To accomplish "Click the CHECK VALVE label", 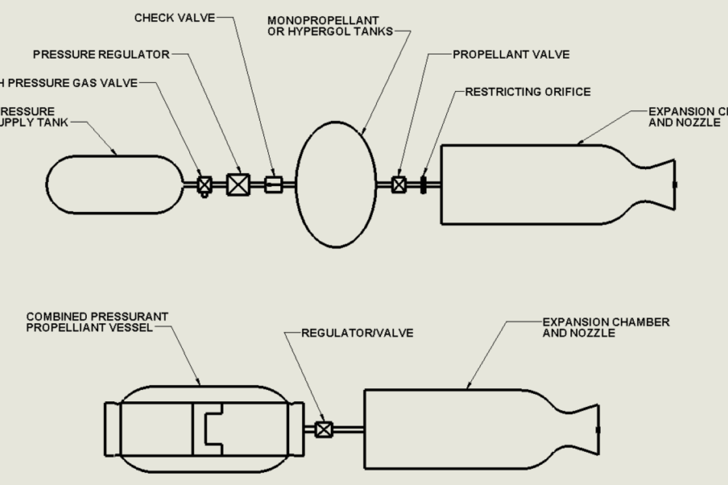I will [x=174, y=18].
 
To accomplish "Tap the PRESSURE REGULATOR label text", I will [x=101, y=55].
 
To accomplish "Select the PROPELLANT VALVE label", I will [x=511, y=55].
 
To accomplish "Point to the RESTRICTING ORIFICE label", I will [x=528, y=92].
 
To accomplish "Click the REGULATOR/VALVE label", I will [x=357, y=333].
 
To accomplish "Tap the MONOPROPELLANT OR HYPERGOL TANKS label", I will [x=330, y=26].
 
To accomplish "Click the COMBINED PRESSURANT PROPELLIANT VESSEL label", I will [x=97, y=322].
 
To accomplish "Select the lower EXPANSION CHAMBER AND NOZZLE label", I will [x=606, y=327].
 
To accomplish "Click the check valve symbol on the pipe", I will [x=274, y=185].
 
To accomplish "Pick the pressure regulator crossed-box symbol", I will [x=238, y=185].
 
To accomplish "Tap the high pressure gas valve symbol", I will [x=205, y=185].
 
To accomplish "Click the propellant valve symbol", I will [x=399, y=185].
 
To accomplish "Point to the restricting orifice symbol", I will [x=423, y=185].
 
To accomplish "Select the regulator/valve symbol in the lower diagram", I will [x=323, y=429].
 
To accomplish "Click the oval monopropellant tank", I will [x=336, y=185].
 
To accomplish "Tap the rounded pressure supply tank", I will [x=114, y=185].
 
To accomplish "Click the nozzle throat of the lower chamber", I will [x=568, y=429].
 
